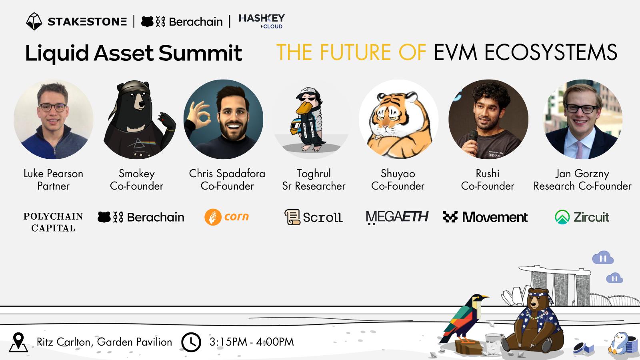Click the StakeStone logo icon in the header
coord(34,22)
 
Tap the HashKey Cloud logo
coord(262,21)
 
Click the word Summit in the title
coord(200,53)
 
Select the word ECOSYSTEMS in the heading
coord(551,52)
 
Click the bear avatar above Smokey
coord(139,120)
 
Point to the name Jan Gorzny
coord(582,174)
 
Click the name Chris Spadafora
coord(227,174)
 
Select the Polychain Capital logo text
coord(53,222)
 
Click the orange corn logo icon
coord(213,217)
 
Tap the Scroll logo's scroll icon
coord(292,217)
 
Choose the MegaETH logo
coord(397,217)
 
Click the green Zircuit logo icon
coord(562,217)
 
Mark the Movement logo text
coord(494,217)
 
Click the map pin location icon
coord(18,342)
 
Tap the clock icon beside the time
coord(191,342)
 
